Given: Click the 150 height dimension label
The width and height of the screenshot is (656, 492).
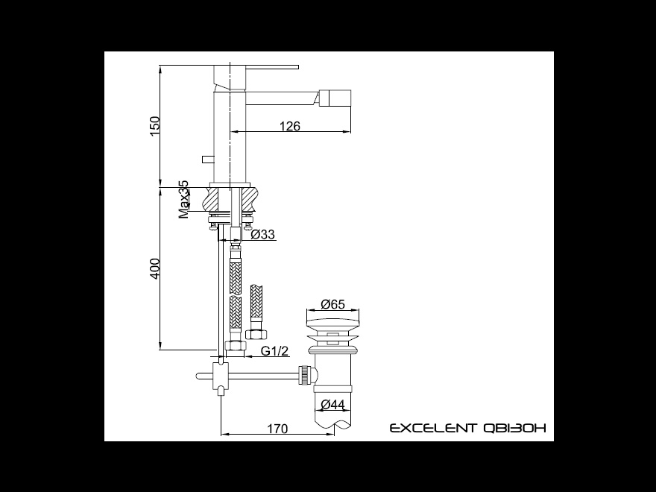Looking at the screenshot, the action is [x=155, y=125].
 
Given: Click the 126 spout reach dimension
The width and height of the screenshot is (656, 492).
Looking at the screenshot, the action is [x=290, y=125].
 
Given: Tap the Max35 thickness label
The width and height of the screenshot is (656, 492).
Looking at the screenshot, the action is [x=183, y=200].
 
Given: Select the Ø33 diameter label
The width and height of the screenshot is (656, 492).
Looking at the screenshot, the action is [x=263, y=234].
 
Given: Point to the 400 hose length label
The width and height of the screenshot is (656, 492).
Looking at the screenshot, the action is [x=155, y=269].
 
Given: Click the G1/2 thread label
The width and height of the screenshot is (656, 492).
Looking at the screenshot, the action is [x=275, y=350].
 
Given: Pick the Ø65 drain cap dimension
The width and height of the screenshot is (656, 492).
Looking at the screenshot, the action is [x=333, y=304].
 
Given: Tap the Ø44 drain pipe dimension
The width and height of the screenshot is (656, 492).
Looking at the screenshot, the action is [x=332, y=405].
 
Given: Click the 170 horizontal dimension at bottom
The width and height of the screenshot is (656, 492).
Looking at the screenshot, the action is [x=278, y=429].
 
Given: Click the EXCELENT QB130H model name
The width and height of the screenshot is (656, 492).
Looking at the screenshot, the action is [x=467, y=428].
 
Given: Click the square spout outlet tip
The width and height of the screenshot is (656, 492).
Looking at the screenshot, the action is [x=335, y=98].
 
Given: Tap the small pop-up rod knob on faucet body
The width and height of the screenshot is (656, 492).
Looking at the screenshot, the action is [x=208, y=159].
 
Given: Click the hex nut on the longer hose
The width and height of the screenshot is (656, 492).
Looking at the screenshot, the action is [x=236, y=346].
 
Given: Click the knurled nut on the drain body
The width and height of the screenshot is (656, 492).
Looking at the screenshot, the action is [x=306, y=375].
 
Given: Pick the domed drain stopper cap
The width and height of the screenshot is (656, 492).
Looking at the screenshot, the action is [x=333, y=323].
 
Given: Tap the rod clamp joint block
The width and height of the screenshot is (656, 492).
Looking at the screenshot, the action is [x=221, y=375].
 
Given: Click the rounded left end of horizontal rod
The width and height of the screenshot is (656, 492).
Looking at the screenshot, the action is [x=198, y=376].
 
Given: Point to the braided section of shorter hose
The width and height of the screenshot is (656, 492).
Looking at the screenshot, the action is [x=256, y=301].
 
